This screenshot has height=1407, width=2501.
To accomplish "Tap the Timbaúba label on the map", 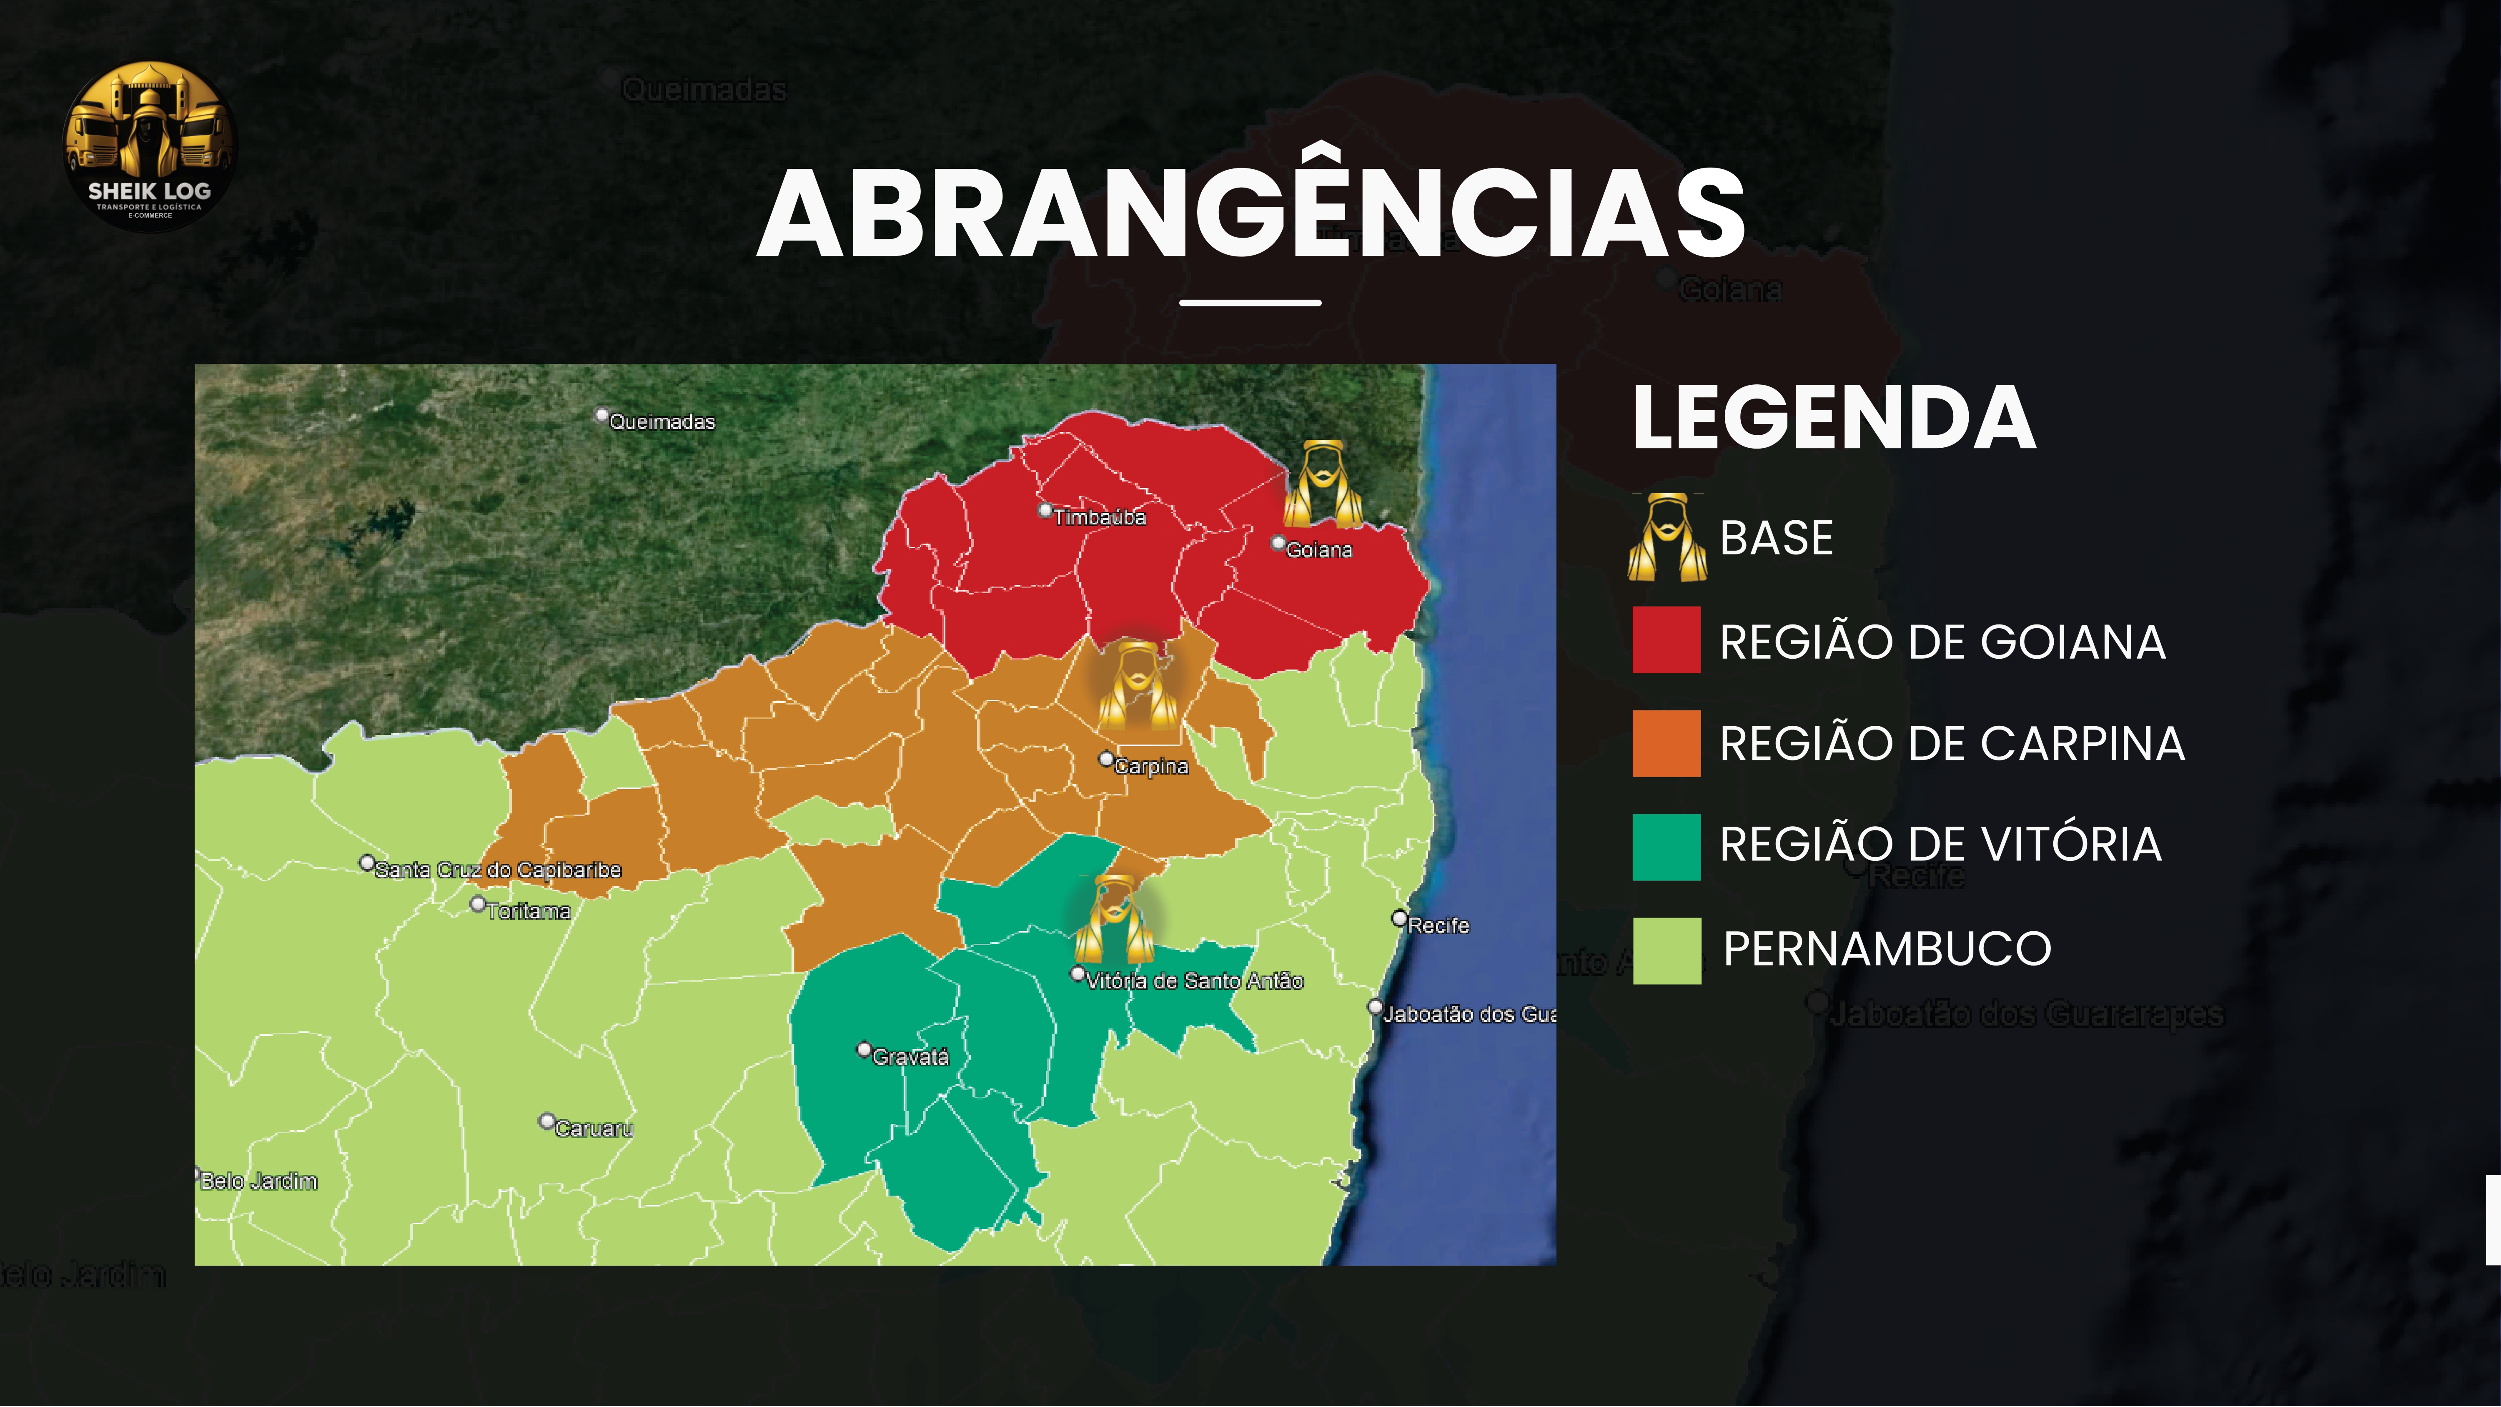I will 1098,517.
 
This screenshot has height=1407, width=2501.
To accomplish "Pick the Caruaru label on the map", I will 592,1129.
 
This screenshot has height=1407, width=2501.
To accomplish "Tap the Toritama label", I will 527,911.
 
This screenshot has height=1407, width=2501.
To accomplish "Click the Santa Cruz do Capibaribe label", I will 496,870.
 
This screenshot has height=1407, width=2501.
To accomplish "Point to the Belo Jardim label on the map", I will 258,1181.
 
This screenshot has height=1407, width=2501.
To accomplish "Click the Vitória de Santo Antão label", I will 1193,981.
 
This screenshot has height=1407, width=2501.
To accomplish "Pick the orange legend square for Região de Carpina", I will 1666,743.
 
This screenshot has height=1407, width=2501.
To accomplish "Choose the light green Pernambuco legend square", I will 1666,951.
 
